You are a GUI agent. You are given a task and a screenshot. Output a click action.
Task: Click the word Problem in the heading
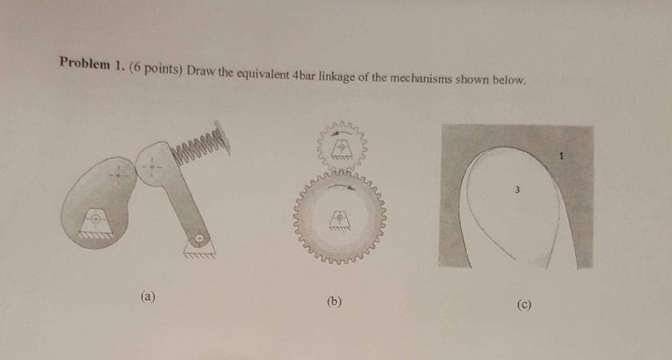pyautogui.click(x=84, y=62)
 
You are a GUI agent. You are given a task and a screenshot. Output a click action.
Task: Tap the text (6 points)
pyautogui.click(x=156, y=68)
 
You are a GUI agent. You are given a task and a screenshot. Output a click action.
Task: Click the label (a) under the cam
pyautogui.click(x=147, y=297)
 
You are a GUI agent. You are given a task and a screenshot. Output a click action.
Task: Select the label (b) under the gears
pyautogui.click(x=334, y=302)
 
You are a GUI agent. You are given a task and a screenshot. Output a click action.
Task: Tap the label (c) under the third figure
pyautogui.click(x=524, y=305)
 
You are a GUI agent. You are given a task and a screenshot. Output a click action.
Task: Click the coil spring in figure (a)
pyautogui.click(x=201, y=144)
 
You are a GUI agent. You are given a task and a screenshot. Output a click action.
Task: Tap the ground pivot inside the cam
pyautogui.click(x=95, y=219)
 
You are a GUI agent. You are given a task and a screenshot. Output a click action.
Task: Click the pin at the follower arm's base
pyautogui.click(x=198, y=238)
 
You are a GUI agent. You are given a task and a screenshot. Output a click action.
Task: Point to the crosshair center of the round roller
pyautogui.click(x=151, y=166)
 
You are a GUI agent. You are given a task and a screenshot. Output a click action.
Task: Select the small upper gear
pyautogui.click(x=342, y=146)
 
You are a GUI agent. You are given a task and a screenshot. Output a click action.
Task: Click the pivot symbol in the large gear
pyautogui.click(x=340, y=219)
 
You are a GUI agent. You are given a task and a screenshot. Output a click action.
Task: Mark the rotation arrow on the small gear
pyautogui.click(x=342, y=133)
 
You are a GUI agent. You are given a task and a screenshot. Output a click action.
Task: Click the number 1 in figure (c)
pyautogui.click(x=562, y=157)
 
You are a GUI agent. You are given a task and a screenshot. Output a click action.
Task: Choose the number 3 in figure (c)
pyautogui.click(x=517, y=189)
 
